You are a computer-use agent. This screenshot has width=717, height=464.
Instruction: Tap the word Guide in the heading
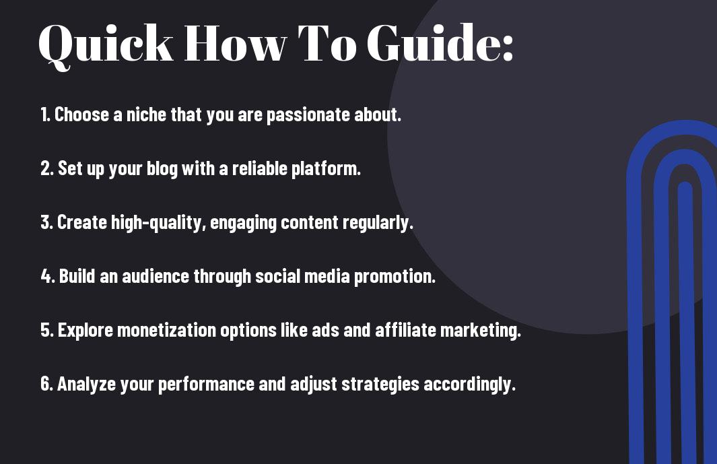point(434,42)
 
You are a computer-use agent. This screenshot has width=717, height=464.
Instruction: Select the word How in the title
point(235,43)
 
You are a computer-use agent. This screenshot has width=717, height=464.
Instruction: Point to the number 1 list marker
point(44,114)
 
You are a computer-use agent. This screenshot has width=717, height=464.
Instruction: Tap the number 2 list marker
point(47,168)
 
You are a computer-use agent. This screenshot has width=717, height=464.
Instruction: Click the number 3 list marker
point(46,222)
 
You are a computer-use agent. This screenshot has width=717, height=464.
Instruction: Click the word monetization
point(166,331)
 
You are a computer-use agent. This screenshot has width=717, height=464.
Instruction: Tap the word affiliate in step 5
point(405,330)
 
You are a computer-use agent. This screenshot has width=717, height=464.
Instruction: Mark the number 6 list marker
point(47,384)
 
